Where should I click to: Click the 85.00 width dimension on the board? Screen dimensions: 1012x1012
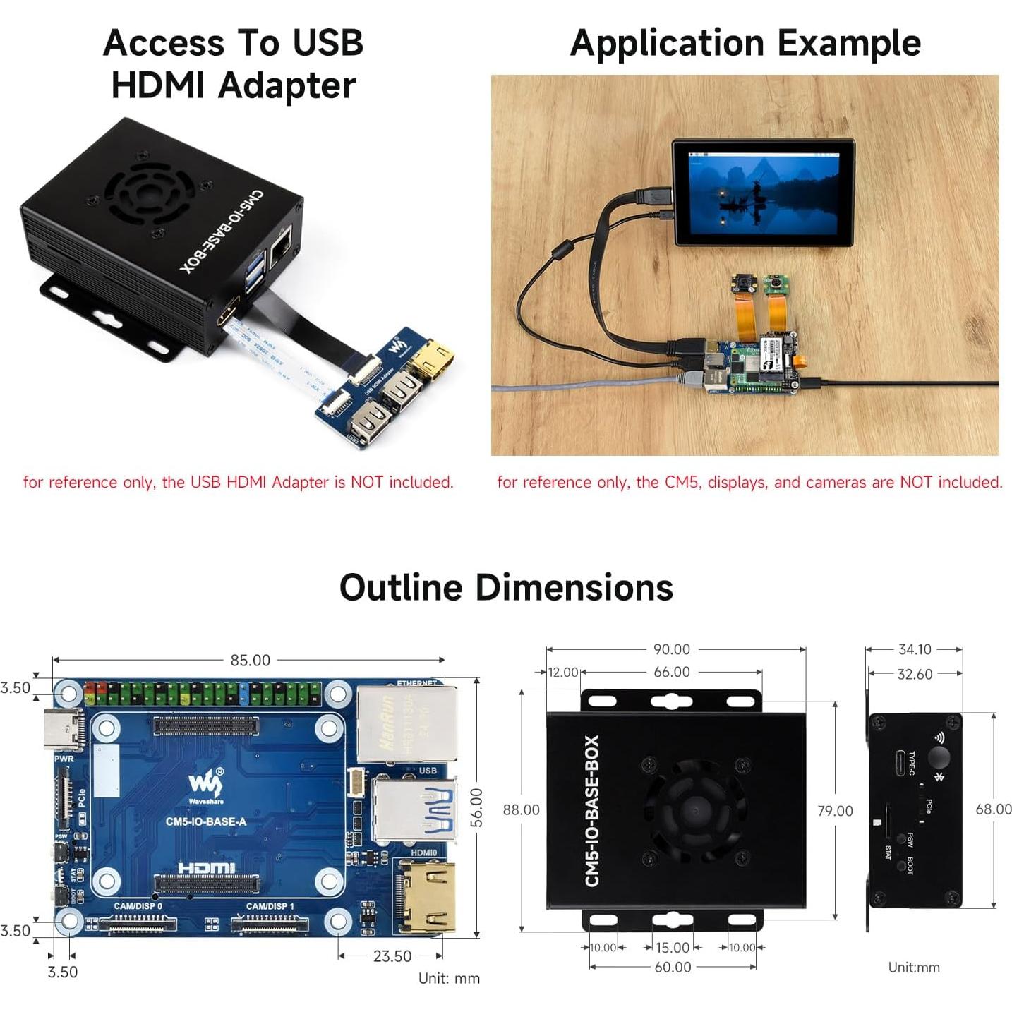(250, 660)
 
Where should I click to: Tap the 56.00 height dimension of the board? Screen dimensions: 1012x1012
(477, 807)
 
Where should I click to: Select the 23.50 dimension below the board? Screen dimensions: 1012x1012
(392, 956)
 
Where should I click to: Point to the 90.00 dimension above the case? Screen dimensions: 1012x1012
(671, 649)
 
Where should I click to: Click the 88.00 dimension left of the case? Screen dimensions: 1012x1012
(521, 810)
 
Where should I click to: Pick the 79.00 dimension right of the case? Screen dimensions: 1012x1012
(835, 811)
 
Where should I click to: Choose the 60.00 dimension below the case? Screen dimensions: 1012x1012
(673, 967)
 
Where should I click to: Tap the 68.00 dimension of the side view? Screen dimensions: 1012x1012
(993, 809)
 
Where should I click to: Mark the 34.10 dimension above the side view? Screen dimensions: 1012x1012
(915, 649)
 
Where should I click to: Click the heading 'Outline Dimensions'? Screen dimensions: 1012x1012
(506, 587)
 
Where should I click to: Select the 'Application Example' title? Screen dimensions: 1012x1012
(745, 43)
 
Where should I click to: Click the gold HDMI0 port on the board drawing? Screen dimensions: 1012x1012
(428, 896)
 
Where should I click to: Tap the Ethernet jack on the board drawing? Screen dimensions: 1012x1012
(406, 723)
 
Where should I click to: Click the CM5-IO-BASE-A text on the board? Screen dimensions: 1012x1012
(206, 821)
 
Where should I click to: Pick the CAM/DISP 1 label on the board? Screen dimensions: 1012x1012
(270, 906)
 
